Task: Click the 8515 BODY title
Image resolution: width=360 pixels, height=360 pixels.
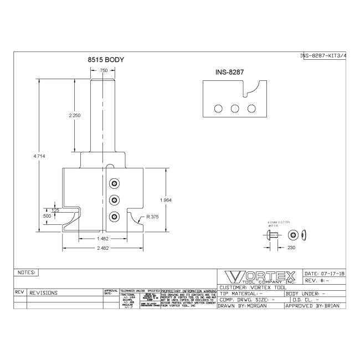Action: click(105, 59)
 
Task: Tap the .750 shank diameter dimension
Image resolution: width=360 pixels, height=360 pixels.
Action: click(103, 70)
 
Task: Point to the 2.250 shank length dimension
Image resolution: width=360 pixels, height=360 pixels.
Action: click(75, 115)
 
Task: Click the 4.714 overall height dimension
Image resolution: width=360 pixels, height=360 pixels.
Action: click(39, 157)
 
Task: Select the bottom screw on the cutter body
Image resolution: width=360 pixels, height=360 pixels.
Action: click(115, 216)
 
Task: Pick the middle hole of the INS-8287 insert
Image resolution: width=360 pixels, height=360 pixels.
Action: click(234, 107)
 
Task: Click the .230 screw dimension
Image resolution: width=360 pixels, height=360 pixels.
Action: click(291, 248)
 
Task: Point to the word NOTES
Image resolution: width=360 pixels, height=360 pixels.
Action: click(27, 273)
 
